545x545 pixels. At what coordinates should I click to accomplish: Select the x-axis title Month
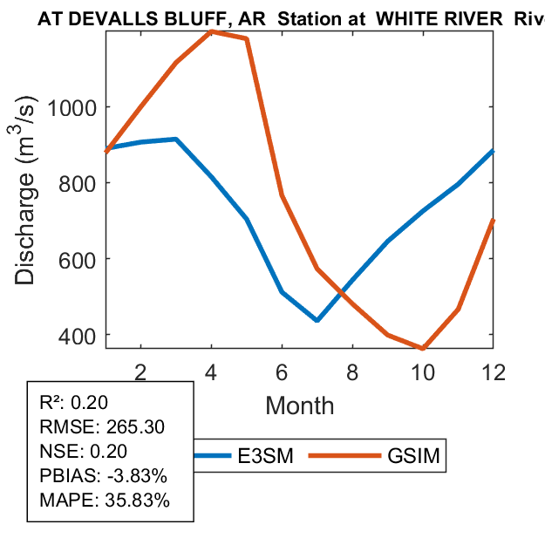pos(299,405)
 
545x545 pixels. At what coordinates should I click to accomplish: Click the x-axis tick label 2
pos(140,371)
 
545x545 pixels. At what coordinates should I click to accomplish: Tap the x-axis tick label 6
pos(282,371)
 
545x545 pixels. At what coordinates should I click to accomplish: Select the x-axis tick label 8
pos(352,371)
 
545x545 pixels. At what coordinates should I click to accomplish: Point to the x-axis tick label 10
pos(423,371)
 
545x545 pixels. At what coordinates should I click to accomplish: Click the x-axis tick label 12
pos(494,371)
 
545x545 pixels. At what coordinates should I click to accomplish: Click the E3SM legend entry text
pos(267,455)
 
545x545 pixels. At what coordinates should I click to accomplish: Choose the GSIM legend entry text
pos(412,455)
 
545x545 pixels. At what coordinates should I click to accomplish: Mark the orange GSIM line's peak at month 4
pos(212,31)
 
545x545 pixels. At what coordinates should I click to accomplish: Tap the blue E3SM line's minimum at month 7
pos(317,321)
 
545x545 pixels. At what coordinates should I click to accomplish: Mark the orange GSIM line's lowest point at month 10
pos(423,348)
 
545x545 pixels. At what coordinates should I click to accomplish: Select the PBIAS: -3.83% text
pos(103,476)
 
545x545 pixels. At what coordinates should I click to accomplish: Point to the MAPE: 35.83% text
pos(105,501)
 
